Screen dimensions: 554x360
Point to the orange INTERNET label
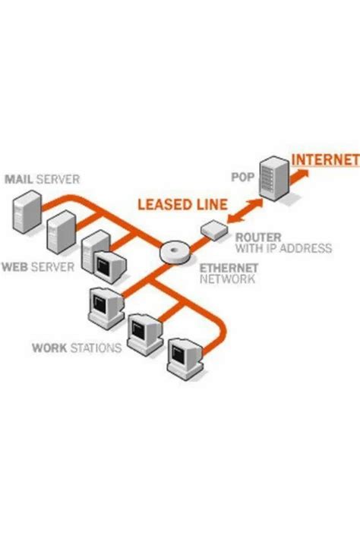coord(325,159)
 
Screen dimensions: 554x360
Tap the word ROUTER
coord(254,237)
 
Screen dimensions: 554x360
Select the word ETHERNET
coord(227,269)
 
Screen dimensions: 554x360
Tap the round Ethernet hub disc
coord(175,251)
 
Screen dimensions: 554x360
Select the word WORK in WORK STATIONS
coord(49,348)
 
